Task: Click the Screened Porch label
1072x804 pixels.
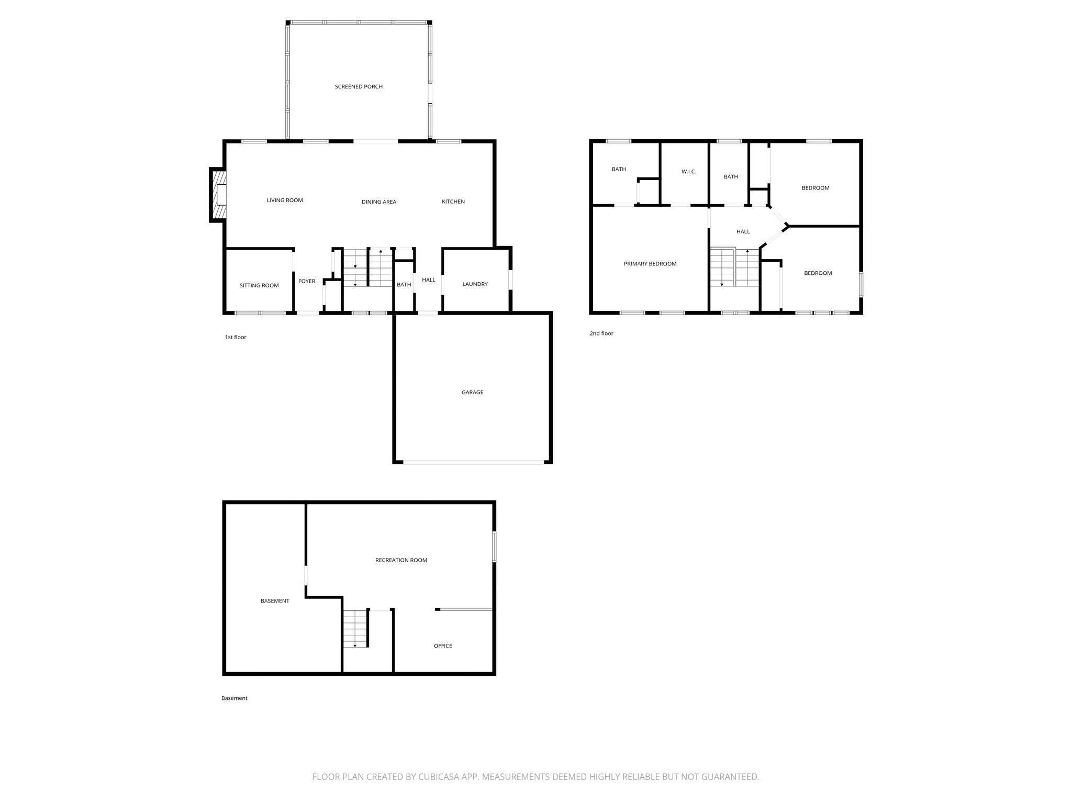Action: tap(359, 86)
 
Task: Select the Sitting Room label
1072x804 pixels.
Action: tap(259, 285)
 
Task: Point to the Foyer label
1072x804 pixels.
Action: tap(307, 281)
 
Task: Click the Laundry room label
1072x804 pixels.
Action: tap(475, 284)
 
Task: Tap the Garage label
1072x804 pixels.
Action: tap(472, 392)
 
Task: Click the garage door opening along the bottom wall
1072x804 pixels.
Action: tap(473, 462)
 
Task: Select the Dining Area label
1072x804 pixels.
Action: tap(378, 202)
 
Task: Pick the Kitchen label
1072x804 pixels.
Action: tap(453, 202)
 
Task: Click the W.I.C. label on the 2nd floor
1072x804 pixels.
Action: tap(688, 172)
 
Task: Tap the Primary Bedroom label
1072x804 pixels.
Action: tap(650, 264)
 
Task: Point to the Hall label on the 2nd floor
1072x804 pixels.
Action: tap(743, 231)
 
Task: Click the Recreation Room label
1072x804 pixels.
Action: tap(401, 560)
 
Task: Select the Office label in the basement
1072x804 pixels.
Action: tap(442, 646)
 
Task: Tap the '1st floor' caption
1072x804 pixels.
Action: tap(236, 337)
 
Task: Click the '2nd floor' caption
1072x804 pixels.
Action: tap(601, 333)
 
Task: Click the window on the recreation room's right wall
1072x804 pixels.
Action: tap(494, 548)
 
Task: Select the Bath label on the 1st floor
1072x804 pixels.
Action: tap(404, 285)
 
